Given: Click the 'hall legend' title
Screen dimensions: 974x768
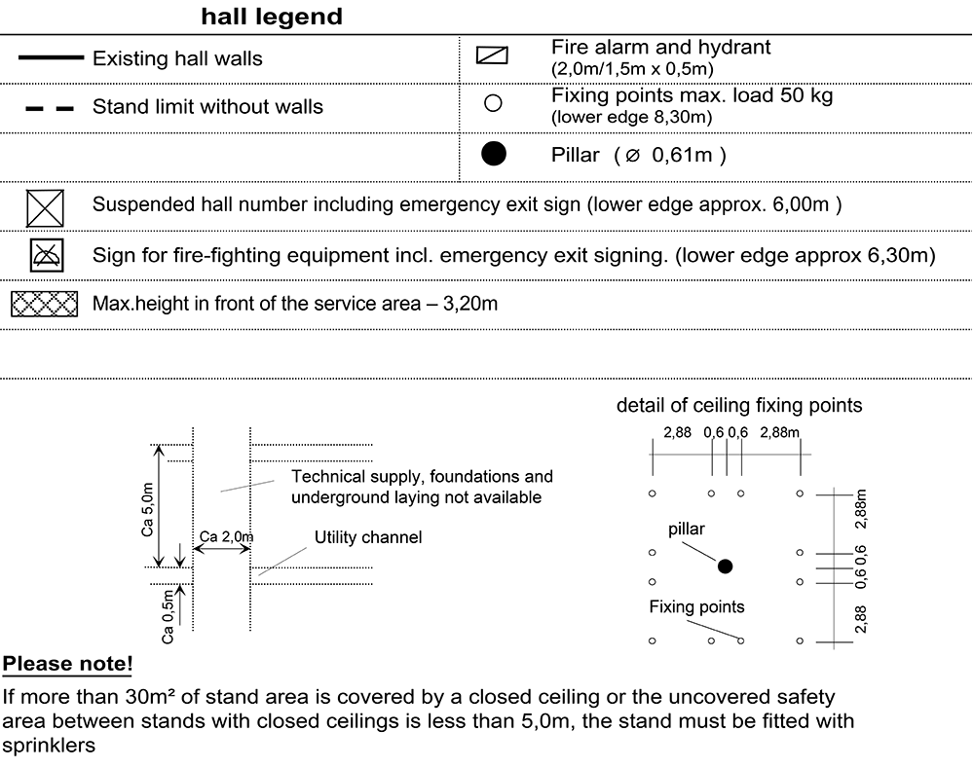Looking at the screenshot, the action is click(x=272, y=17).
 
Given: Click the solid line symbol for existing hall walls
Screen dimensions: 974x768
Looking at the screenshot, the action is click(x=51, y=57).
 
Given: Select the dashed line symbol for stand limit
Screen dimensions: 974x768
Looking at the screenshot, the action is click(x=50, y=109).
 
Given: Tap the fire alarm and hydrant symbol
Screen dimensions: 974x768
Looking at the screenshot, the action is click(x=492, y=55).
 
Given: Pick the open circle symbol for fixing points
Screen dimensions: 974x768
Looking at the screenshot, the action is click(x=493, y=103).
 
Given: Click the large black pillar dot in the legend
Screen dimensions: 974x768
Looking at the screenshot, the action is click(x=494, y=154).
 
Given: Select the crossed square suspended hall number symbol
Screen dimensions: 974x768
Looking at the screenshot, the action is click(x=45, y=208).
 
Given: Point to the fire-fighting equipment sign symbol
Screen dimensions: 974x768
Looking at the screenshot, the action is click(x=47, y=255).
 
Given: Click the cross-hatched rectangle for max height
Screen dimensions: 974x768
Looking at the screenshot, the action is click(x=45, y=305).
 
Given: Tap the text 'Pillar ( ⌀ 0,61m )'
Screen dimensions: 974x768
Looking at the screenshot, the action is click(x=639, y=155).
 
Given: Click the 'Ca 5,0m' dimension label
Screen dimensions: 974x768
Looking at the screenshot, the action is click(x=147, y=509).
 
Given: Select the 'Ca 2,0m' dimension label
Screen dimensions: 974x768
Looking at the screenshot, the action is click(x=227, y=536).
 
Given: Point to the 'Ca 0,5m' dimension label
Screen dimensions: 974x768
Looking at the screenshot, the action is click(x=168, y=616).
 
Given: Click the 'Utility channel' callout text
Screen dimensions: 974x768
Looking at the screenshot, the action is click(x=368, y=537).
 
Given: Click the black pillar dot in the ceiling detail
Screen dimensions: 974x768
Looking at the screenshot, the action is click(x=725, y=567).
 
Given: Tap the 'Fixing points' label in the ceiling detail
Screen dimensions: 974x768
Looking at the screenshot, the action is click(x=696, y=606).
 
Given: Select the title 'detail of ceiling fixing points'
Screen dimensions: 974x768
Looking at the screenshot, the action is click(x=739, y=406).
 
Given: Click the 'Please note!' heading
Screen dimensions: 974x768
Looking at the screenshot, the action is click(x=68, y=664).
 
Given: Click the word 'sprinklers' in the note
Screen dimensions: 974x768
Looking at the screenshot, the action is click(x=49, y=746).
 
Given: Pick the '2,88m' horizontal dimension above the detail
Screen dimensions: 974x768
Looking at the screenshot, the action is click(x=779, y=432).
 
